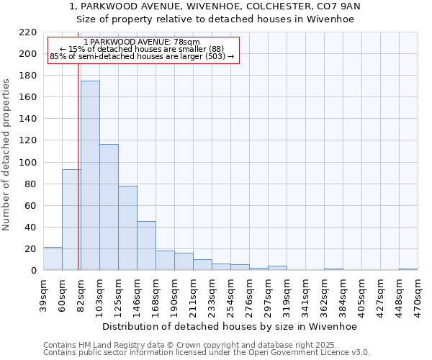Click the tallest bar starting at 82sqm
(90, 176)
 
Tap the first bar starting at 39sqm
(53, 258)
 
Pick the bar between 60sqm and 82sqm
(71, 220)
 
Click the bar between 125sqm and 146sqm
(127, 228)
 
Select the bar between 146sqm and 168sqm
(146, 246)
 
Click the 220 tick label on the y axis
(28, 32)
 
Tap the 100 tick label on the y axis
(28, 162)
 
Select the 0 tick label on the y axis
(34, 271)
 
